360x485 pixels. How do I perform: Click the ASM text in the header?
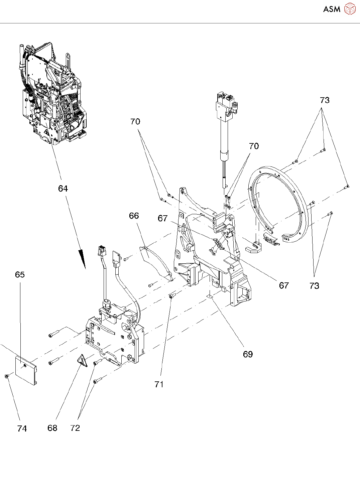point(332,9)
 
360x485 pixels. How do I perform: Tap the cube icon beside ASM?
point(350,9)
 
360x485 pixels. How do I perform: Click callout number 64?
point(63,189)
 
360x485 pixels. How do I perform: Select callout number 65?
point(20,274)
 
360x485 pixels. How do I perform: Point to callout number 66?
point(134,216)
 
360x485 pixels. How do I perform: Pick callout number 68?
point(52,428)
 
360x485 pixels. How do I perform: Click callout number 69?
point(248,354)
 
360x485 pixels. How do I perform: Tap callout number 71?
point(159,384)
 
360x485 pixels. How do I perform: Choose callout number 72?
point(75,428)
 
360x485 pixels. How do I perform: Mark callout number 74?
point(22,428)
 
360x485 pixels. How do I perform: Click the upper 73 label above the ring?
point(324,100)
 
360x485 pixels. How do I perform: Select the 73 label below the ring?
point(314,286)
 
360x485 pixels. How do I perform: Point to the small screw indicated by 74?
point(7,376)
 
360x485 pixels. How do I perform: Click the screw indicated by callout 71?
point(171,296)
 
